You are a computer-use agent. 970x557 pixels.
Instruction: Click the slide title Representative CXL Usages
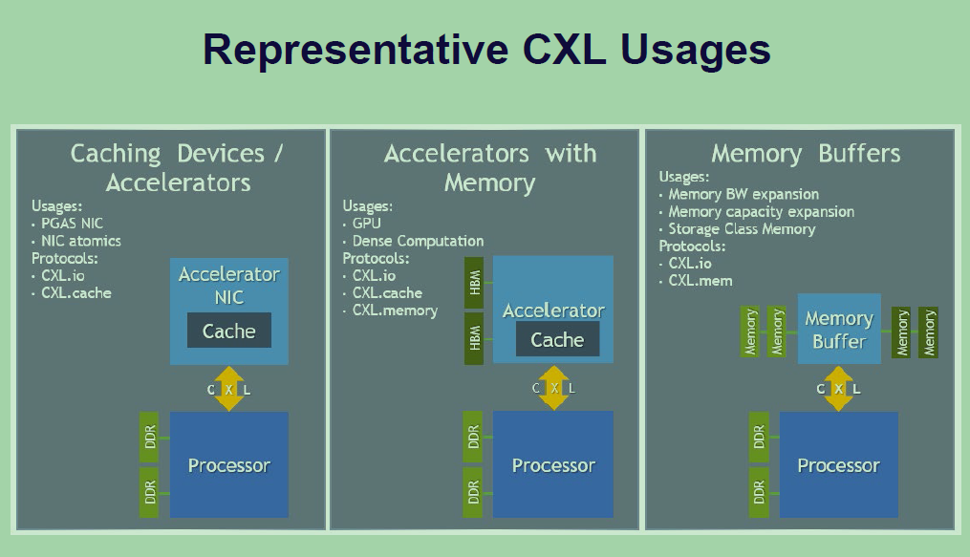pos(485,50)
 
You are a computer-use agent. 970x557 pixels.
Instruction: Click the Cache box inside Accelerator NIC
pos(228,332)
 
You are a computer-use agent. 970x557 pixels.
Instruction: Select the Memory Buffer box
pos(838,330)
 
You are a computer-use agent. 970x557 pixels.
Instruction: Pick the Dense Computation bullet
pos(418,241)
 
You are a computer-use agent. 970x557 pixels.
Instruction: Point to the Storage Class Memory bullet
pos(742,229)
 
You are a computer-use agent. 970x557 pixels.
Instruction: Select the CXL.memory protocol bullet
pos(395,311)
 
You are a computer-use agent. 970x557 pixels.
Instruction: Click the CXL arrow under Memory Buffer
pos(838,389)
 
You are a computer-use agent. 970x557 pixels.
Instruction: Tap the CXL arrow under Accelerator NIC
pos(228,389)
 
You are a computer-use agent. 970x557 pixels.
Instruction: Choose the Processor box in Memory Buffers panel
pos(838,465)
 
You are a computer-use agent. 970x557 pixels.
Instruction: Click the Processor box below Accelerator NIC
pos(228,465)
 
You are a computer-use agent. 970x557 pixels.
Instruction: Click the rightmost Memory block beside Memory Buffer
pos(928,332)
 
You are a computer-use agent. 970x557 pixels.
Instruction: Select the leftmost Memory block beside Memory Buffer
pos(751,332)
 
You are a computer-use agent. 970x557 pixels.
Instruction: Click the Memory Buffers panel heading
pos(806,154)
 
